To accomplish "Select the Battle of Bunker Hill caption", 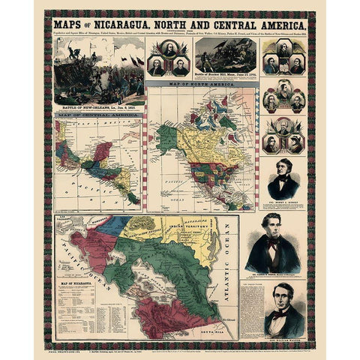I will point(225,77).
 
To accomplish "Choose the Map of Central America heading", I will point(96,118).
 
